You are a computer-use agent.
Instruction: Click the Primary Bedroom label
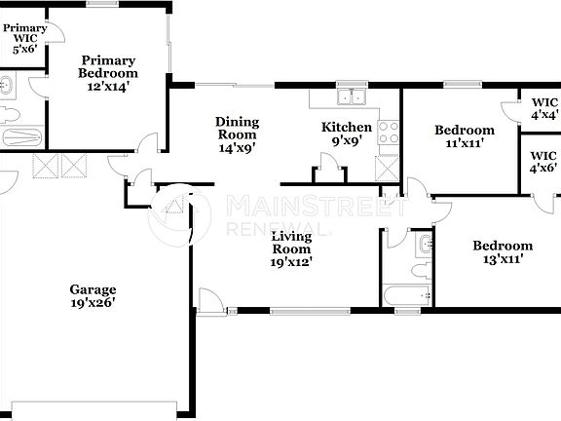[x=108, y=73]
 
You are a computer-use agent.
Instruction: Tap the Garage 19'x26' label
[x=93, y=295]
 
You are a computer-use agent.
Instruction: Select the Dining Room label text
[x=237, y=135]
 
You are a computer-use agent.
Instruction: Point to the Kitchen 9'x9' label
[x=347, y=134]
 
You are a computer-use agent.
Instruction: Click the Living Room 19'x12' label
[x=291, y=249]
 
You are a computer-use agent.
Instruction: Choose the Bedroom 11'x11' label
[x=464, y=136]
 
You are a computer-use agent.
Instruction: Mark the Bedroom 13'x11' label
[x=503, y=253]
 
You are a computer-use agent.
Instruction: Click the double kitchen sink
[x=350, y=97]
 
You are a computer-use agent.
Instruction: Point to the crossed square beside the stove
[x=388, y=168]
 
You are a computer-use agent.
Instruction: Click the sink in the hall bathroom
[x=423, y=243]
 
